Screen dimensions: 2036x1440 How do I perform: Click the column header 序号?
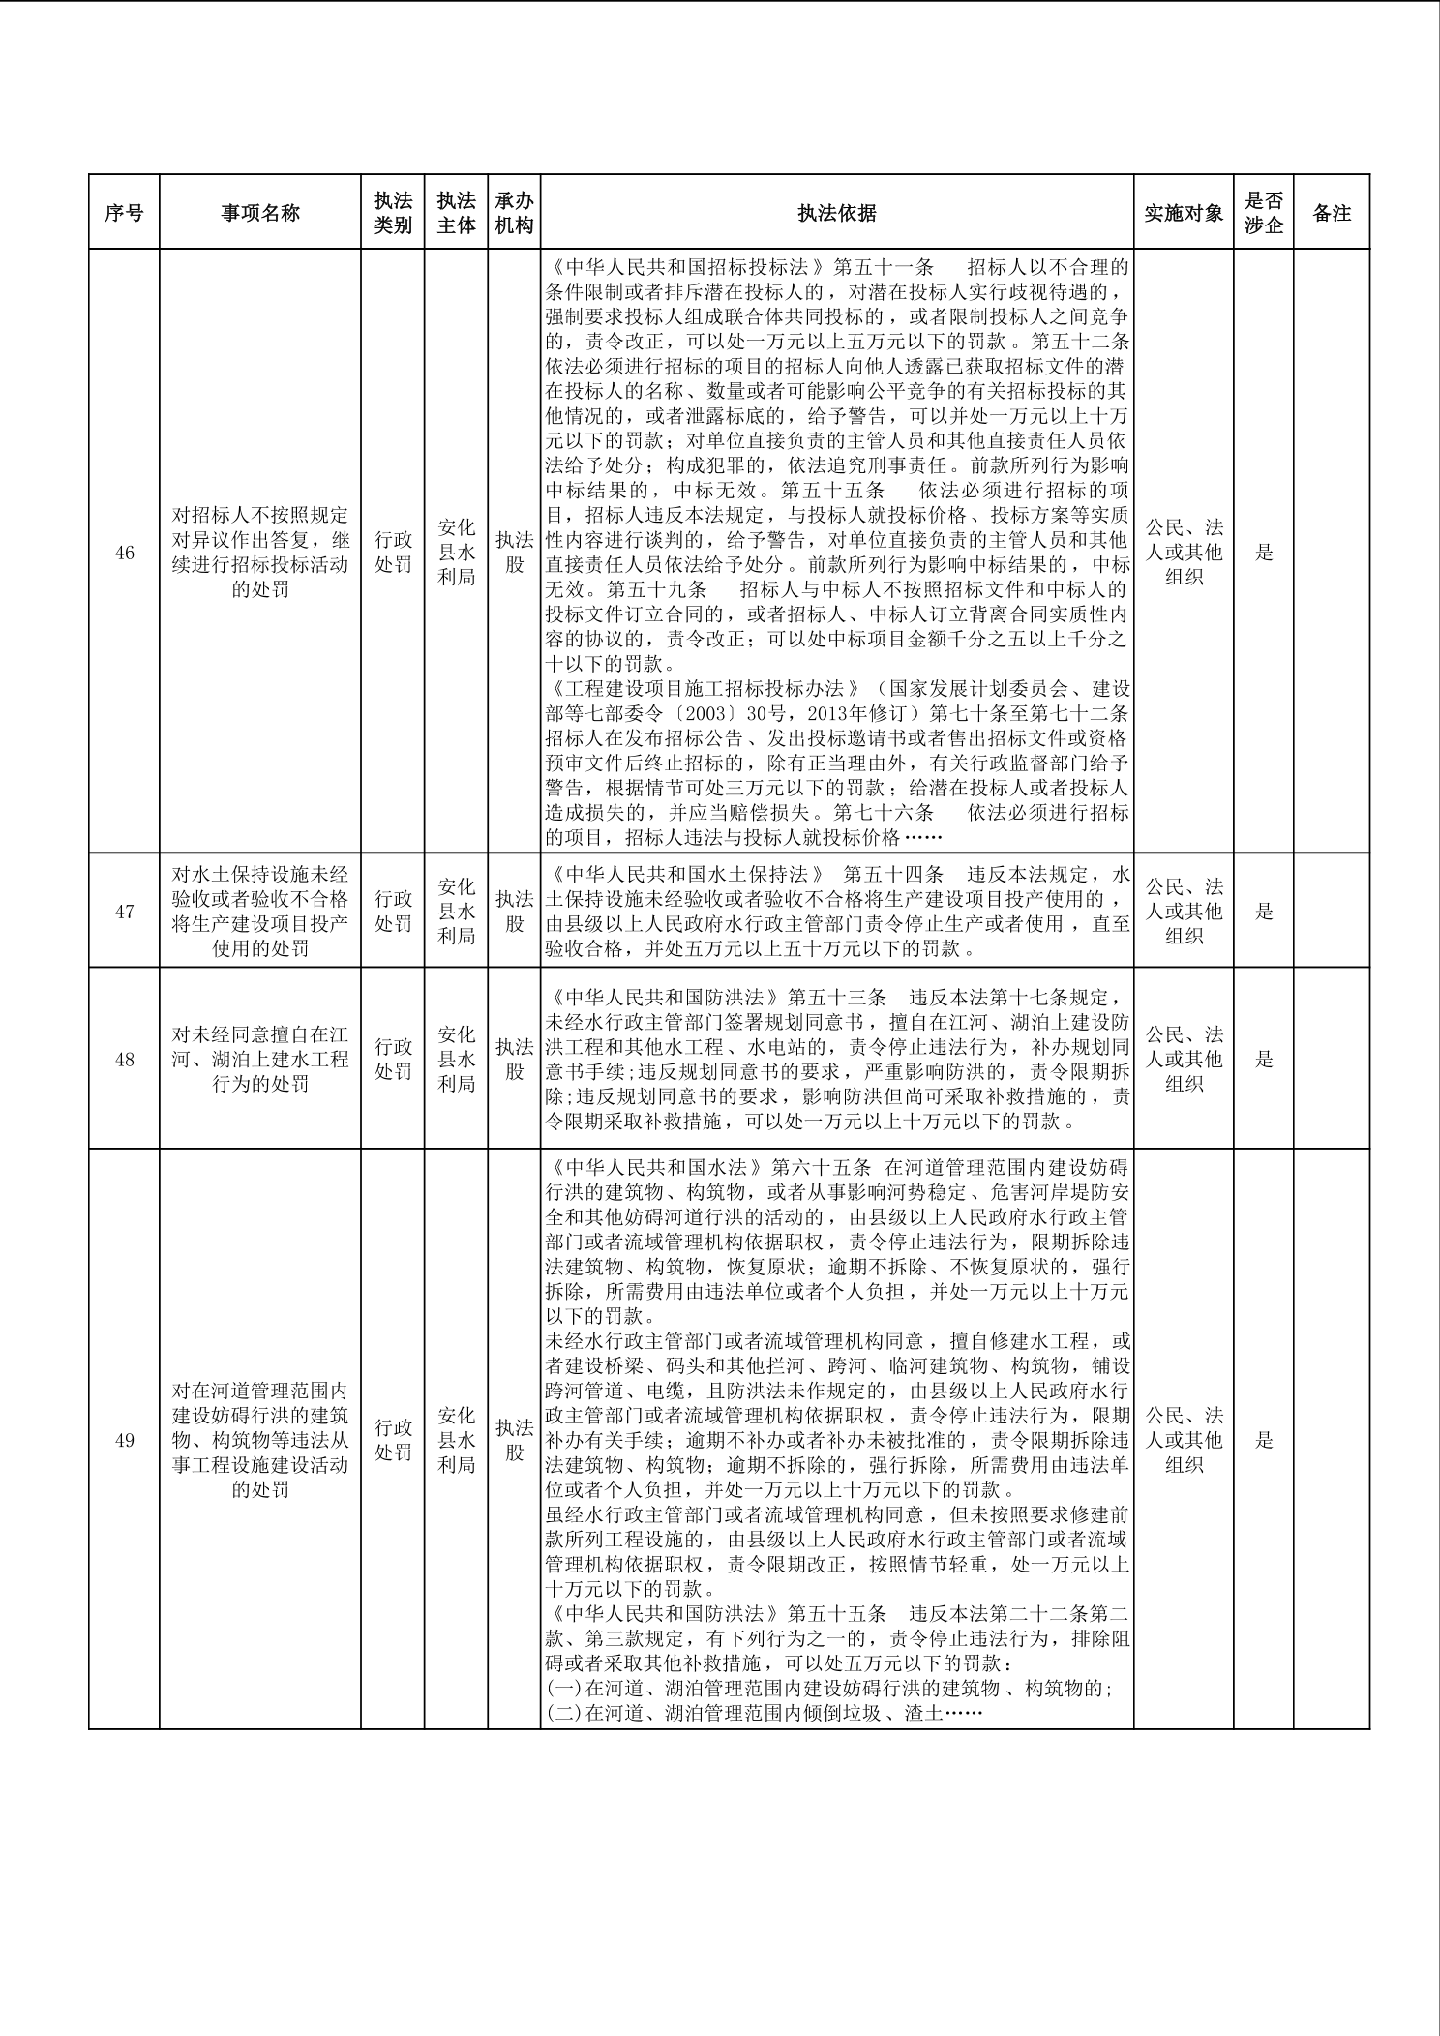tap(124, 213)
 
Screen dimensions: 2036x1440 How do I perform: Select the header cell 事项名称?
tap(260, 213)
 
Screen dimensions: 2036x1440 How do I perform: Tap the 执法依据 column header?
tap(837, 213)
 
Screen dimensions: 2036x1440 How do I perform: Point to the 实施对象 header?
tap(1184, 213)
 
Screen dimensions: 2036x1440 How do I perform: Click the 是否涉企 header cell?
tap(1264, 213)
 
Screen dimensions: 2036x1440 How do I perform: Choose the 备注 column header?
tap(1332, 213)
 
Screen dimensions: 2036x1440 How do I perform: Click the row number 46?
tap(124, 553)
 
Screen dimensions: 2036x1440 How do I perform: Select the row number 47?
tap(124, 911)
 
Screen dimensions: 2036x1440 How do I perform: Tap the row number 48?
tap(124, 1059)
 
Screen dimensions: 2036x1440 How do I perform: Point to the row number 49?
tap(124, 1440)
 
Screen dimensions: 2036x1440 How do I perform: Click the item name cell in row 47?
tap(260, 911)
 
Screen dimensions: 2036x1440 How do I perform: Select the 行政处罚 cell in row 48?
tap(393, 1059)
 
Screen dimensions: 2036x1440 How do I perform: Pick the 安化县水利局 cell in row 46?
tap(456, 553)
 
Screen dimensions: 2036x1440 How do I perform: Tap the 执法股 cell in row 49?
tap(515, 1440)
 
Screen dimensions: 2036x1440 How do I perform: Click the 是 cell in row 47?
tap(1264, 911)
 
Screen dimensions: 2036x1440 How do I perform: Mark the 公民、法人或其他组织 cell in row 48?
tap(1184, 1059)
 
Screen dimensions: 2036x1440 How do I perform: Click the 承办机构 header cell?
tap(515, 213)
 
